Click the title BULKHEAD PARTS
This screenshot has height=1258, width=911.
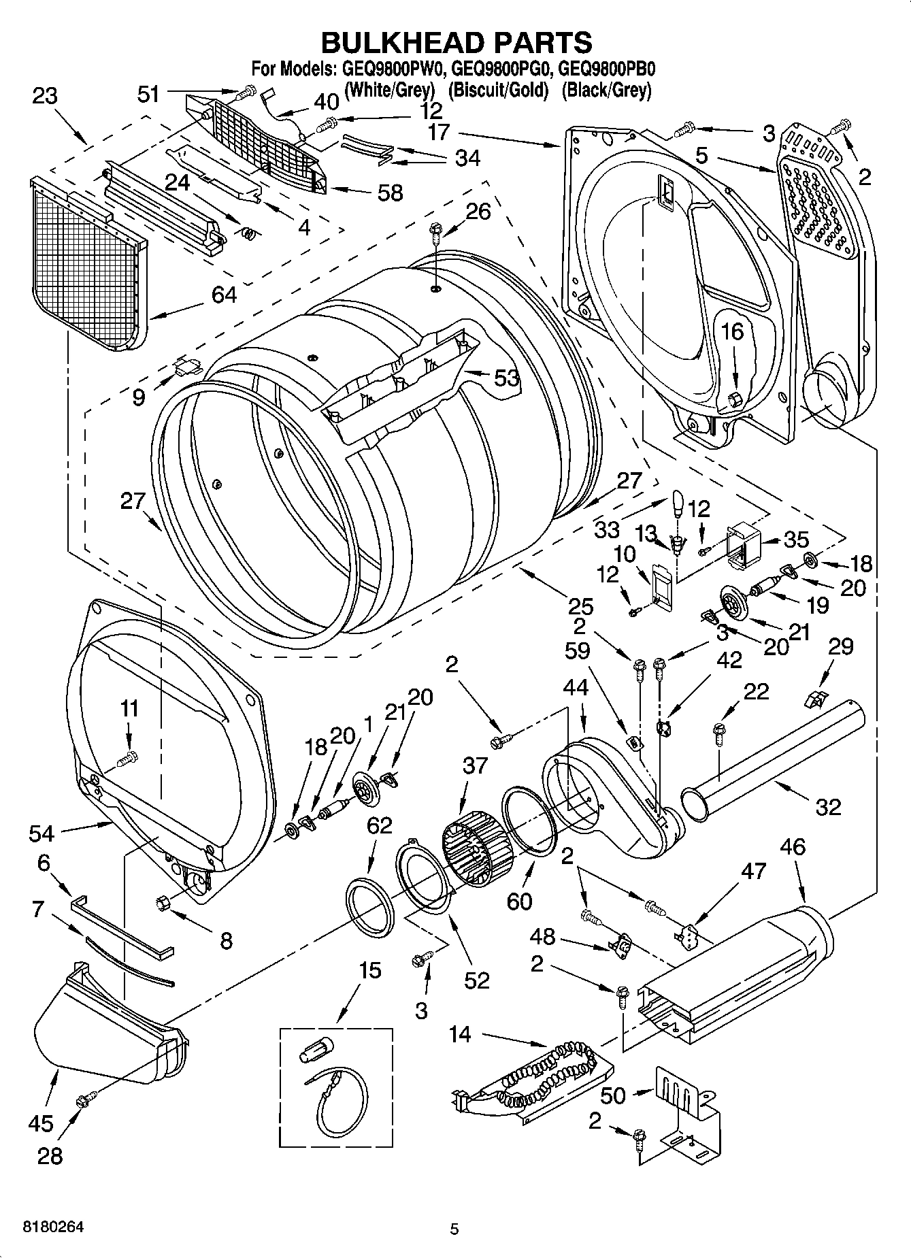pyautogui.click(x=455, y=42)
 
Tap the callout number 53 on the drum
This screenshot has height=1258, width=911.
pyautogui.click(x=506, y=378)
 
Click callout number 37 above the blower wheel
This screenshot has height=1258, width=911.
pyautogui.click(x=475, y=765)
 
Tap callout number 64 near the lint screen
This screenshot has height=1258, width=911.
pyautogui.click(x=224, y=295)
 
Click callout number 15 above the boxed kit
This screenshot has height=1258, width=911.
pyautogui.click(x=370, y=970)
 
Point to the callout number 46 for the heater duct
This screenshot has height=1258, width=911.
pyautogui.click(x=793, y=847)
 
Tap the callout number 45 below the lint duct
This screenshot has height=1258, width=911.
pyautogui.click(x=41, y=1123)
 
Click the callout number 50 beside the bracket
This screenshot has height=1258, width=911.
pyautogui.click(x=613, y=1095)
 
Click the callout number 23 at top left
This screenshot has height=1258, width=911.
pyautogui.click(x=44, y=96)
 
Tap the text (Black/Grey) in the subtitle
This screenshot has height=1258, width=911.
pyautogui.click(x=606, y=89)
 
